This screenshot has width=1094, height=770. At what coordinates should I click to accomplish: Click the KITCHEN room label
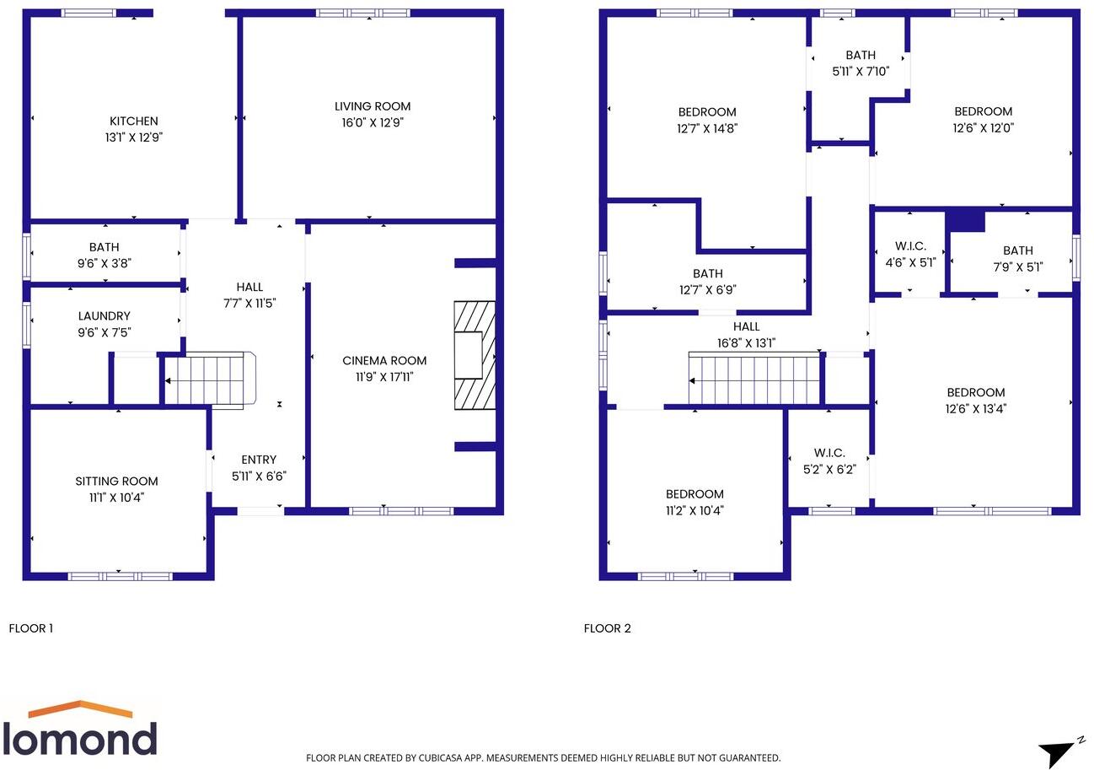click(x=133, y=121)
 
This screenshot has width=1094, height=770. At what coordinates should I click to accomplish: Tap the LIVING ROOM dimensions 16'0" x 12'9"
click(x=373, y=123)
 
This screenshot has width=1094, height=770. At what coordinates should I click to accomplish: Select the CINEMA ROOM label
click(x=384, y=361)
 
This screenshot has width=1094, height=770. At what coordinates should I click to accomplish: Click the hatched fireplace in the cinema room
click(x=475, y=355)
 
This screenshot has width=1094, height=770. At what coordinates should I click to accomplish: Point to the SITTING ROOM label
click(x=116, y=482)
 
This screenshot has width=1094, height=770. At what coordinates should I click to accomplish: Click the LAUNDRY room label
click(x=104, y=316)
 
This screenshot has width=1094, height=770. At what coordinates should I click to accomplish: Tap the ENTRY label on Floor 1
click(x=259, y=460)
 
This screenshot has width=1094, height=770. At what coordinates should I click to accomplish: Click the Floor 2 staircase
click(x=754, y=380)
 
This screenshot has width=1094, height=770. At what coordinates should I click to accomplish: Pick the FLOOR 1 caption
click(x=31, y=628)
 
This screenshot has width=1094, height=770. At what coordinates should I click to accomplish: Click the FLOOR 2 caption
click(x=607, y=628)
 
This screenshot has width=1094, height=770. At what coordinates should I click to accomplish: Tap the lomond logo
click(x=80, y=730)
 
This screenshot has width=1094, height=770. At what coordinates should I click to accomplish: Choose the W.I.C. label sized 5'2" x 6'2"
click(x=829, y=453)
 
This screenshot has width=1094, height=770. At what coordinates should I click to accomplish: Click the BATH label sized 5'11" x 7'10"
click(x=861, y=56)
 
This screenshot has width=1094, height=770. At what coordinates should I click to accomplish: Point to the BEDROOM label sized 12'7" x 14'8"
click(x=707, y=112)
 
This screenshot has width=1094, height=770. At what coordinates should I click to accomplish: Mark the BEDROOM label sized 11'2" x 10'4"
click(x=694, y=494)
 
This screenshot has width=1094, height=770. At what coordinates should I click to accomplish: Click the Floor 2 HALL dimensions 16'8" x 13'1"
click(x=746, y=343)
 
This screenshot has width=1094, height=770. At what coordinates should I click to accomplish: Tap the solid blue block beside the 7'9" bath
click(x=966, y=220)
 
